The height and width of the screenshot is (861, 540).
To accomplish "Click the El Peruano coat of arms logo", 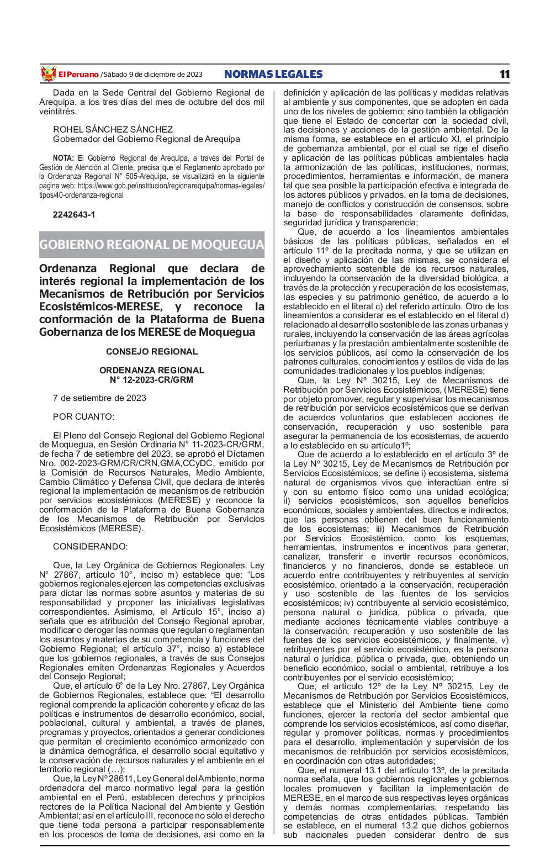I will [49, 73].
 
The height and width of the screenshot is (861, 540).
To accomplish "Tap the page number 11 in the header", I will [505, 75].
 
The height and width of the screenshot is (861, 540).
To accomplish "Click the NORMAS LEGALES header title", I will [273, 75].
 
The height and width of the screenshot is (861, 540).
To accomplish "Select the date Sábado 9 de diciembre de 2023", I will [153, 75].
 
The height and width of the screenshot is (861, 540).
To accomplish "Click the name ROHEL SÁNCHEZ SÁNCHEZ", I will [113, 129].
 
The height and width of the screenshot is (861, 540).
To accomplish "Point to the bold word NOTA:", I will [63, 158].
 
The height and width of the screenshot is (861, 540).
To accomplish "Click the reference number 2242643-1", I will [74, 214].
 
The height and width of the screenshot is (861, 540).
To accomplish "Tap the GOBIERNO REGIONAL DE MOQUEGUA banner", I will [152, 245].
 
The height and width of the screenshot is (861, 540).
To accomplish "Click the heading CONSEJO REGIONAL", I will [152, 351].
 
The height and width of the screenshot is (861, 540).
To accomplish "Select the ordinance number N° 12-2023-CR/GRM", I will [152, 379].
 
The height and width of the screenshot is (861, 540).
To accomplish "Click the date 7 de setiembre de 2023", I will [99, 398].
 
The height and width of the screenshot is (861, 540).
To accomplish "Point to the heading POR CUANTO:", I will [83, 416].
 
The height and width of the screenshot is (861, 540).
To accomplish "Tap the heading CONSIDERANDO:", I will [90, 546].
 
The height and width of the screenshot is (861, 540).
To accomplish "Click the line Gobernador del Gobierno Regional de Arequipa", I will [146, 139].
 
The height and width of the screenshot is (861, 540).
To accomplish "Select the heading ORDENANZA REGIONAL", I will [152, 370].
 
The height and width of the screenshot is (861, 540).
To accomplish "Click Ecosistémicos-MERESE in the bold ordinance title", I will [101, 307].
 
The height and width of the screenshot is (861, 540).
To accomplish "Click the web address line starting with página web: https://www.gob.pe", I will [152, 186].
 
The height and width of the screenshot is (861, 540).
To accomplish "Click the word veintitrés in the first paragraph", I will [57, 112].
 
